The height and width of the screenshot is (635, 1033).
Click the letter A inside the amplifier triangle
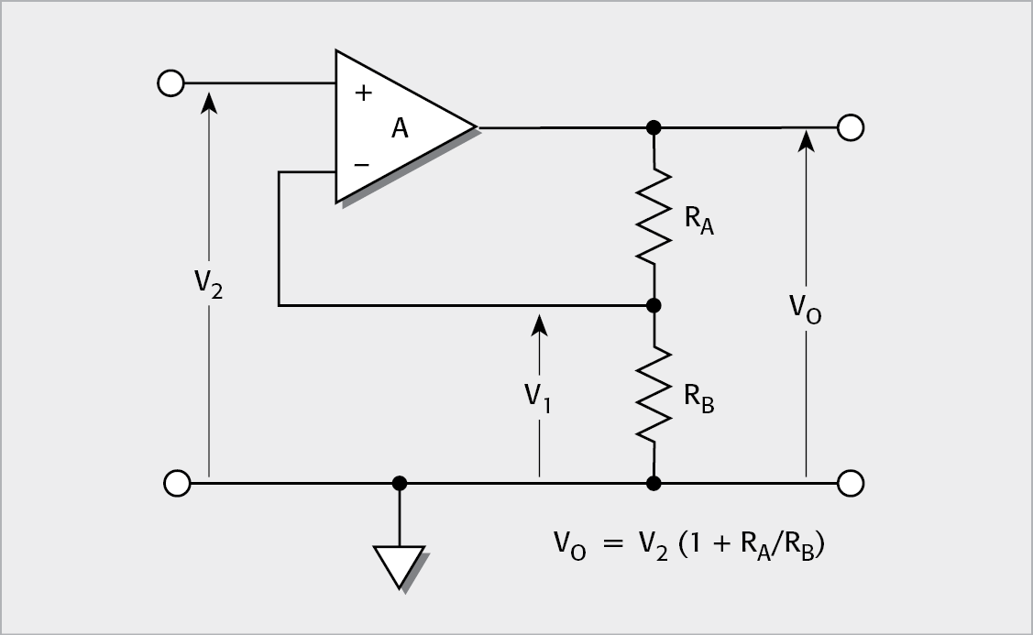click(x=400, y=129)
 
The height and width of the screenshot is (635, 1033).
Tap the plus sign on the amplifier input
click(x=362, y=93)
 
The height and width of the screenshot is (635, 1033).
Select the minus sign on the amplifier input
click(x=362, y=165)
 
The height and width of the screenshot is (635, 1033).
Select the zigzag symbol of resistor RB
click(x=654, y=394)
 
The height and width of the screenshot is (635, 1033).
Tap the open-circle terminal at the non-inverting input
click(x=170, y=83)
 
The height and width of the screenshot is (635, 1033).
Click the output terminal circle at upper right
click(x=851, y=127)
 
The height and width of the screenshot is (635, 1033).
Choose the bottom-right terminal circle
click(x=851, y=482)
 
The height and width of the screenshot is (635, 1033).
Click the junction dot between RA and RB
click(x=654, y=305)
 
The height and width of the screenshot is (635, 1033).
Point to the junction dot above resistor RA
click(x=654, y=127)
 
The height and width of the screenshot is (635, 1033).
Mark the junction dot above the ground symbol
click(x=399, y=482)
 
